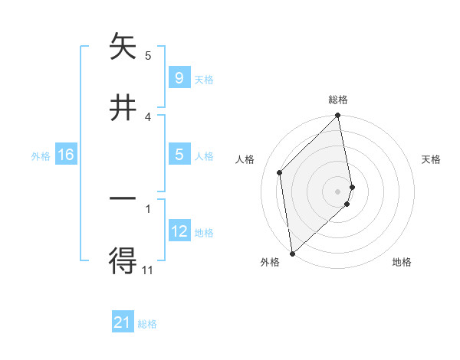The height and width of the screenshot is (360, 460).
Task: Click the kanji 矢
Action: point(123,48)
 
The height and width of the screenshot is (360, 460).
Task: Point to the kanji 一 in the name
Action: point(123,199)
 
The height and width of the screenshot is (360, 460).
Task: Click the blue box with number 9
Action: point(179,78)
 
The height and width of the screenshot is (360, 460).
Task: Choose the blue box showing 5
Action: point(179,155)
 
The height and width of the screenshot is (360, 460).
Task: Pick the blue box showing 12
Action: point(179,232)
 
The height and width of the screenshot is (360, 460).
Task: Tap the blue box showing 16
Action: point(66,155)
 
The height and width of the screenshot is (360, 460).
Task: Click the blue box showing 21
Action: point(123,323)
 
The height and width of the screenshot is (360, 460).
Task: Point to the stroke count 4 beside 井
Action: point(148,116)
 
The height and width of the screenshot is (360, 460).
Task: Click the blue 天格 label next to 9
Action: point(204,79)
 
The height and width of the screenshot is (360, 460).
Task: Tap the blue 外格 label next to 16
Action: point(41,156)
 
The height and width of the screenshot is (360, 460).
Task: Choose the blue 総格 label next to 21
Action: point(147,324)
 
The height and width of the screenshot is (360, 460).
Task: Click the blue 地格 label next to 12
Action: point(204,233)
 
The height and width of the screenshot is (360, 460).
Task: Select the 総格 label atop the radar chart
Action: point(338,100)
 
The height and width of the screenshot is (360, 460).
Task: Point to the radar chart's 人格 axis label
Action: point(245,159)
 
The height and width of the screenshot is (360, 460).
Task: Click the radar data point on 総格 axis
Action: point(338,116)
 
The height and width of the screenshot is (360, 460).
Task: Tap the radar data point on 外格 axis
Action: point(292,253)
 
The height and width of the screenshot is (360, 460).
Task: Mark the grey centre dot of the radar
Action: point(338,191)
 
